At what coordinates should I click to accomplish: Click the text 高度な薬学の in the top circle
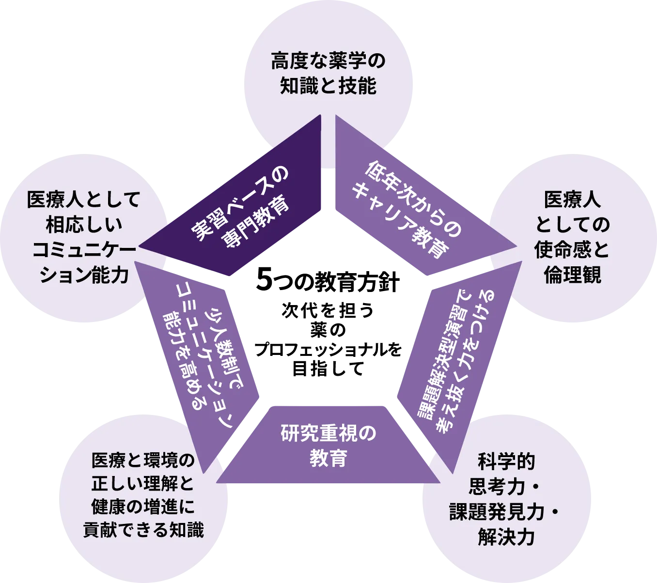pos(328,61)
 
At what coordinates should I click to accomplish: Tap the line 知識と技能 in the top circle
pos(328,86)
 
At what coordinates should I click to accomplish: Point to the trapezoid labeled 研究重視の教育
pos(328,445)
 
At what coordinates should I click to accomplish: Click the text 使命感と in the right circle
pos(572,250)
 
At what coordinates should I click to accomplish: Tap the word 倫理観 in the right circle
pos(572,275)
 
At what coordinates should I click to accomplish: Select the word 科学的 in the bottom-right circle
pos(506,461)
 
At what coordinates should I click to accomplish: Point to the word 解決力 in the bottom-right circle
pos(506,537)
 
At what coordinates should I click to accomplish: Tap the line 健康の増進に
pos(143,506)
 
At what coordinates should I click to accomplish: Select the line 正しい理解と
pos(143,483)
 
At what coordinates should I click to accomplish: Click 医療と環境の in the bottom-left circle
pos(143,460)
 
